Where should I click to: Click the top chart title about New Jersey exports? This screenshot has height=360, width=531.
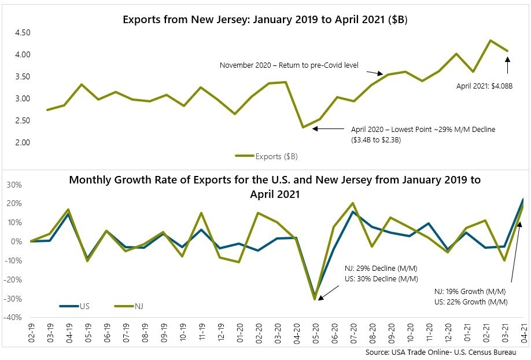[265, 19]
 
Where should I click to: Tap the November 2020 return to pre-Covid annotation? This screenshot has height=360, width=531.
[289, 65]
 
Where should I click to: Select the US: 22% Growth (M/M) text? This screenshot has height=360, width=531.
[470, 302]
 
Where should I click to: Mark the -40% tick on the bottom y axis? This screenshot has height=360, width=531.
[14, 318]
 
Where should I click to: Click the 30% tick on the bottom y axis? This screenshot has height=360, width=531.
[14, 185]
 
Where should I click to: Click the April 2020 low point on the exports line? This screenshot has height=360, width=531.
[303, 127]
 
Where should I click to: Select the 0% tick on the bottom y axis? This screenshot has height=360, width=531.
[17, 242]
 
